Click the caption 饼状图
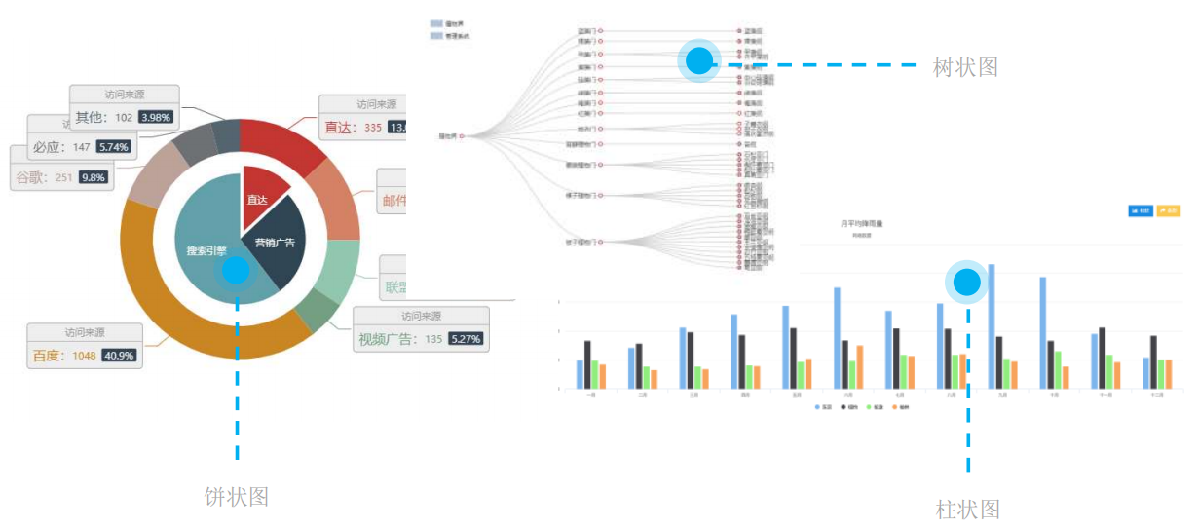pyautogui.click(x=237, y=496)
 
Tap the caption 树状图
pyautogui.click(x=965, y=67)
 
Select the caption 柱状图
pyautogui.click(x=968, y=509)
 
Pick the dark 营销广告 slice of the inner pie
pyautogui.click(x=278, y=248)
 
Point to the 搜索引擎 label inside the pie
pyautogui.click(x=206, y=250)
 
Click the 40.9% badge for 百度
pyautogui.click(x=121, y=356)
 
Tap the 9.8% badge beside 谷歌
pyautogui.click(x=94, y=177)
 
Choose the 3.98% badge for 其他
pyautogui.click(x=155, y=117)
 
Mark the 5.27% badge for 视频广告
pyautogui.click(x=467, y=339)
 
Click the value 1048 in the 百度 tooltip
pyautogui.click(x=84, y=356)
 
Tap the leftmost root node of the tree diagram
pyautogui.click(x=462, y=135)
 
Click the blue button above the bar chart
pyautogui.click(x=1140, y=210)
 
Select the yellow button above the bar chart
pyautogui.click(x=1169, y=210)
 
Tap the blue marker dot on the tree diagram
pyautogui.click(x=699, y=61)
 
